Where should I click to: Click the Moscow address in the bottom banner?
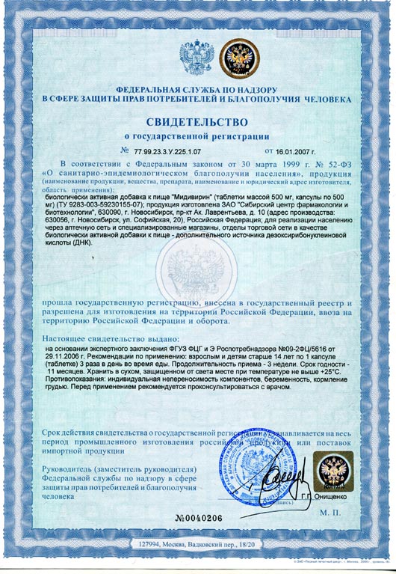click(196, 546)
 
